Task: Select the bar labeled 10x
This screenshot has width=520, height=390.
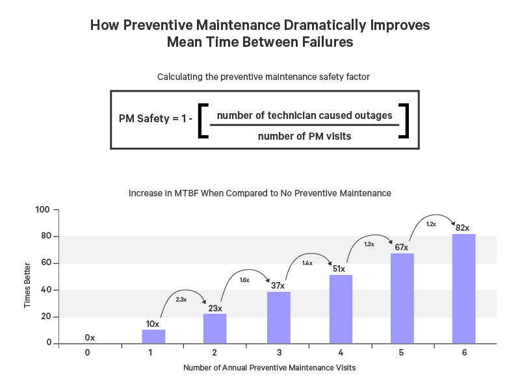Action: point(153,336)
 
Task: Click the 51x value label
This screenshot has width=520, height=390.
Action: point(339,268)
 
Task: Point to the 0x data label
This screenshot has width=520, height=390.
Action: point(90,337)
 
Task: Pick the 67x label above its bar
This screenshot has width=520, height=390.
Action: point(401,247)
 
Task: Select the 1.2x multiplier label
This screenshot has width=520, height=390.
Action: point(430,224)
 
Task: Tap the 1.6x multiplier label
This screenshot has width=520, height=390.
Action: point(244,279)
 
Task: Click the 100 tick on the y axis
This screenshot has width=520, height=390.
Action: point(43,210)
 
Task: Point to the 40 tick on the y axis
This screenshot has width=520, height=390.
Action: point(45,290)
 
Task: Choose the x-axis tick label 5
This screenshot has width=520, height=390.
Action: point(402,353)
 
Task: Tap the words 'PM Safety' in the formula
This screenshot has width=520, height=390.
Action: point(142,119)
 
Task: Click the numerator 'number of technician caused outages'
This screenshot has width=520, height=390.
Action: point(304,115)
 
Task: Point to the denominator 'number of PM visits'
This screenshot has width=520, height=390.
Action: point(304,136)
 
